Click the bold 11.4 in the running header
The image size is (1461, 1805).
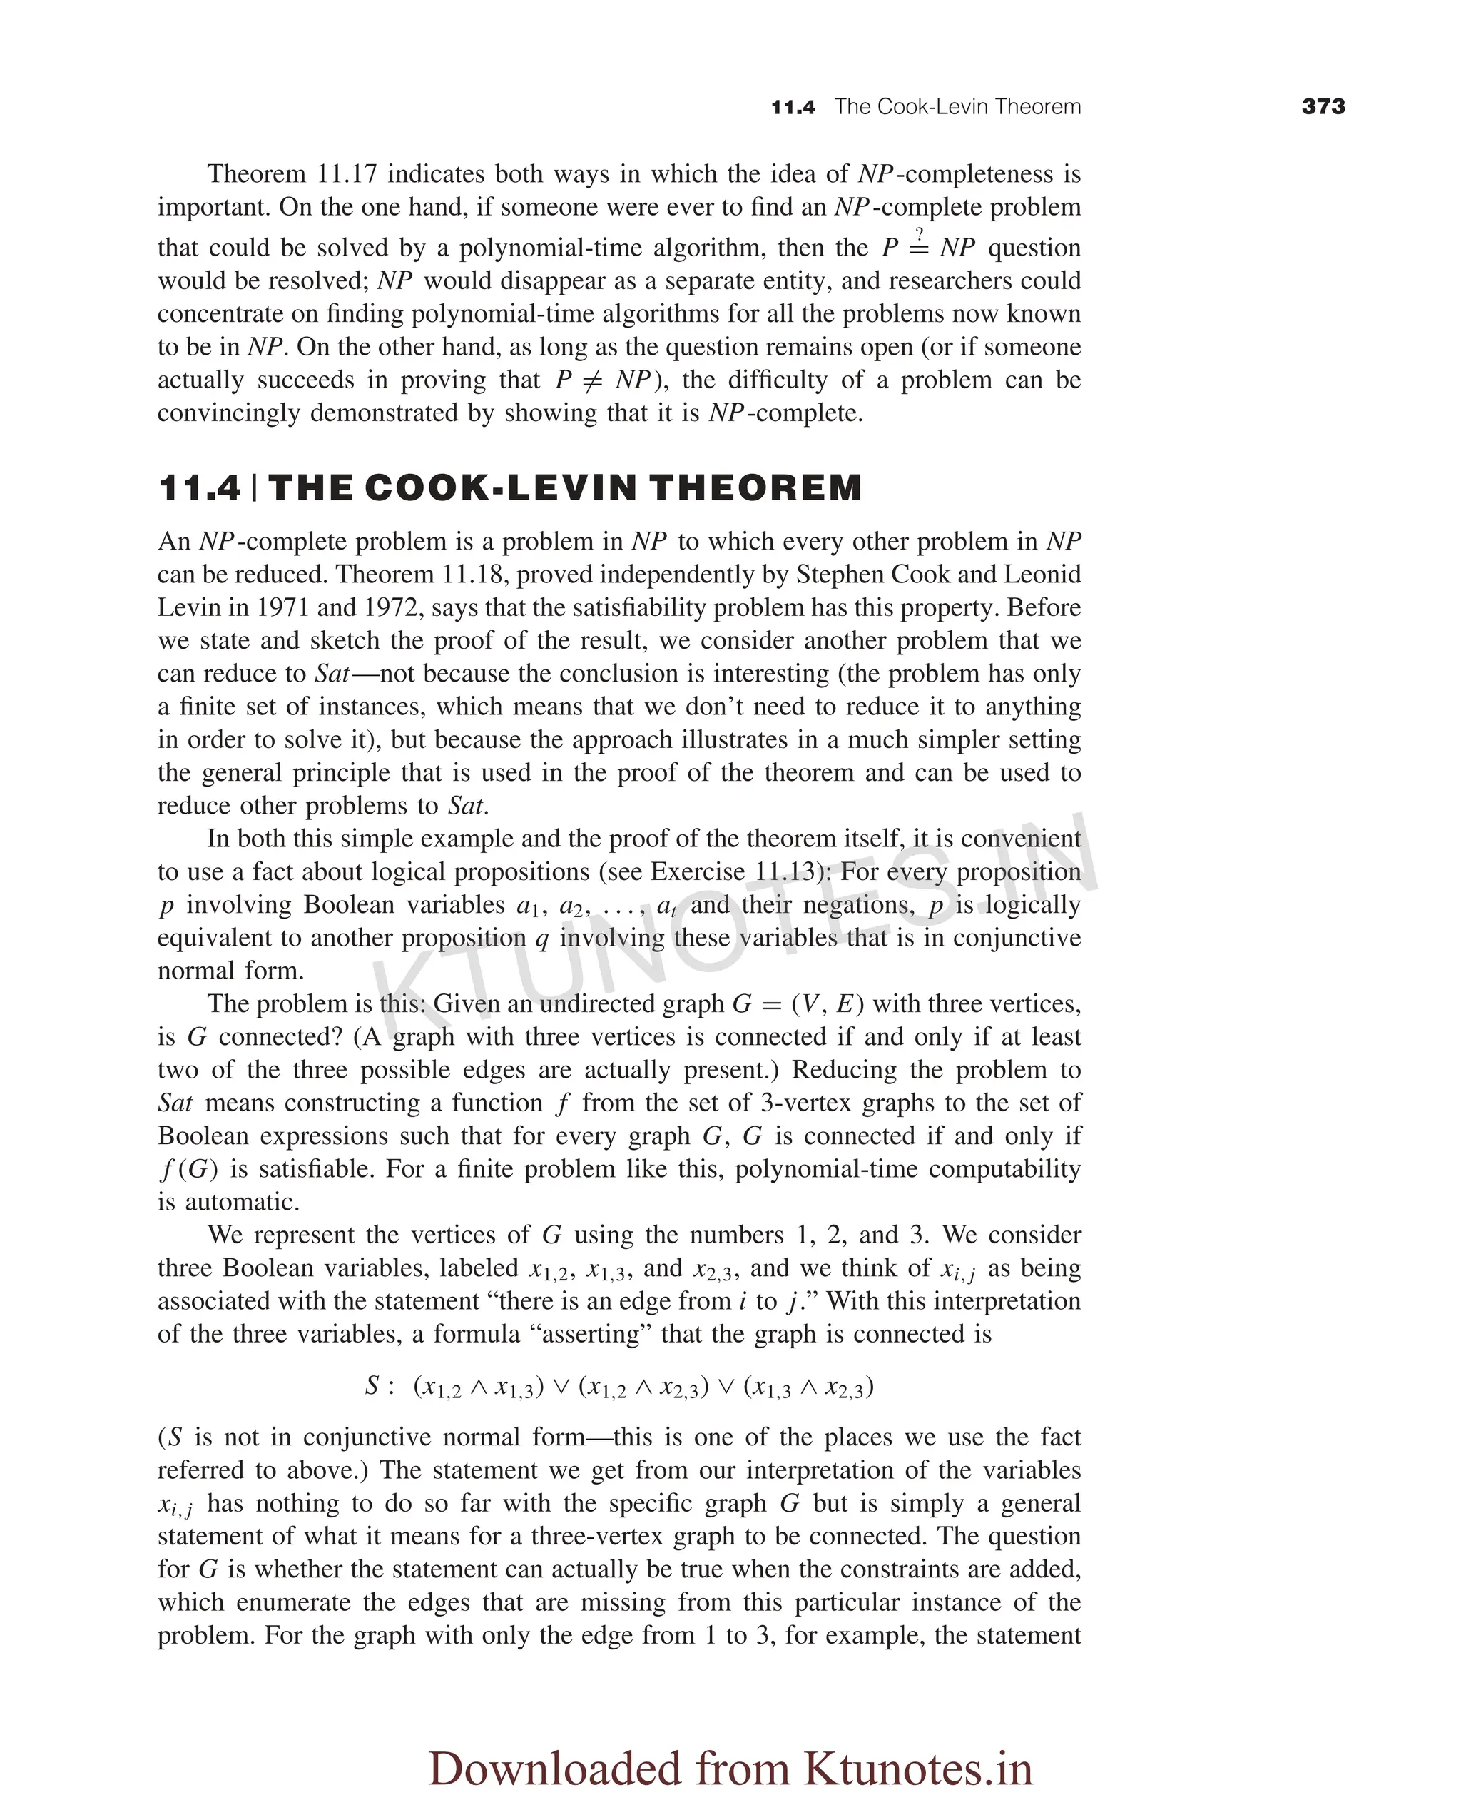[793, 108]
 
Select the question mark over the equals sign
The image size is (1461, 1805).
[919, 233]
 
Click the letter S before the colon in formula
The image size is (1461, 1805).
[372, 1386]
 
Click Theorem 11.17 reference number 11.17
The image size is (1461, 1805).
[347, 174]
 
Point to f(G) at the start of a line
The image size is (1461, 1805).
[183, 1168]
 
